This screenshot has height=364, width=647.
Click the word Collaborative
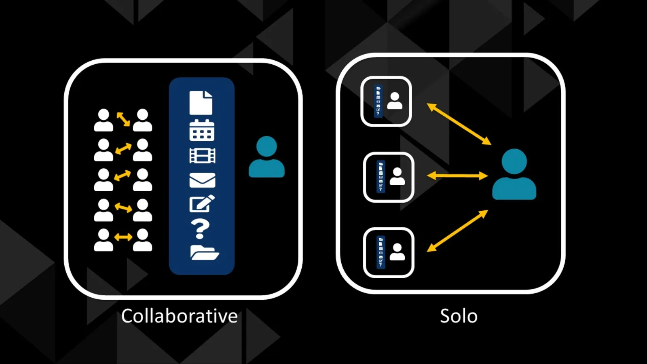click(x=179, y=316)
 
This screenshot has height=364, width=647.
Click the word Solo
click(x=459, y=316)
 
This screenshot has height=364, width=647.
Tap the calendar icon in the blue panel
click(x=202, y=130)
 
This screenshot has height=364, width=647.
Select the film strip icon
click(x=202, y=156)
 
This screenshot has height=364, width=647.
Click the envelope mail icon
click(x=202, y=180)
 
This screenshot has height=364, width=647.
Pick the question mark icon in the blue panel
click(x=201, y=229)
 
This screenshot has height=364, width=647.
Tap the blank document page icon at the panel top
click(x=201, y=103)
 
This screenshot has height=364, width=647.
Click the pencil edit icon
click(x=202, y=204)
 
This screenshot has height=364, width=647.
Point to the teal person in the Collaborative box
click(x=266, y=157)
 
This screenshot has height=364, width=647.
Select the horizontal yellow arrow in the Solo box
click(x=457, y=176)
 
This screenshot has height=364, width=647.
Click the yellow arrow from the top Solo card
click(x=459, y=124)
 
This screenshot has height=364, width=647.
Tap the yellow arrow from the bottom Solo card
click(x=457, y=231)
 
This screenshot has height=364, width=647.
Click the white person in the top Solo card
click(x=395, y=101)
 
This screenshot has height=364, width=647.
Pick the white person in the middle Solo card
click(x=397, y=177)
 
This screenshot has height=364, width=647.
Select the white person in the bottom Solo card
click(x=397, y=252)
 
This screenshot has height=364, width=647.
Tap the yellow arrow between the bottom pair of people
click(x=123, y=237)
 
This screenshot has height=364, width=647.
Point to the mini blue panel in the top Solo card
click(x=378, y=101)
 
